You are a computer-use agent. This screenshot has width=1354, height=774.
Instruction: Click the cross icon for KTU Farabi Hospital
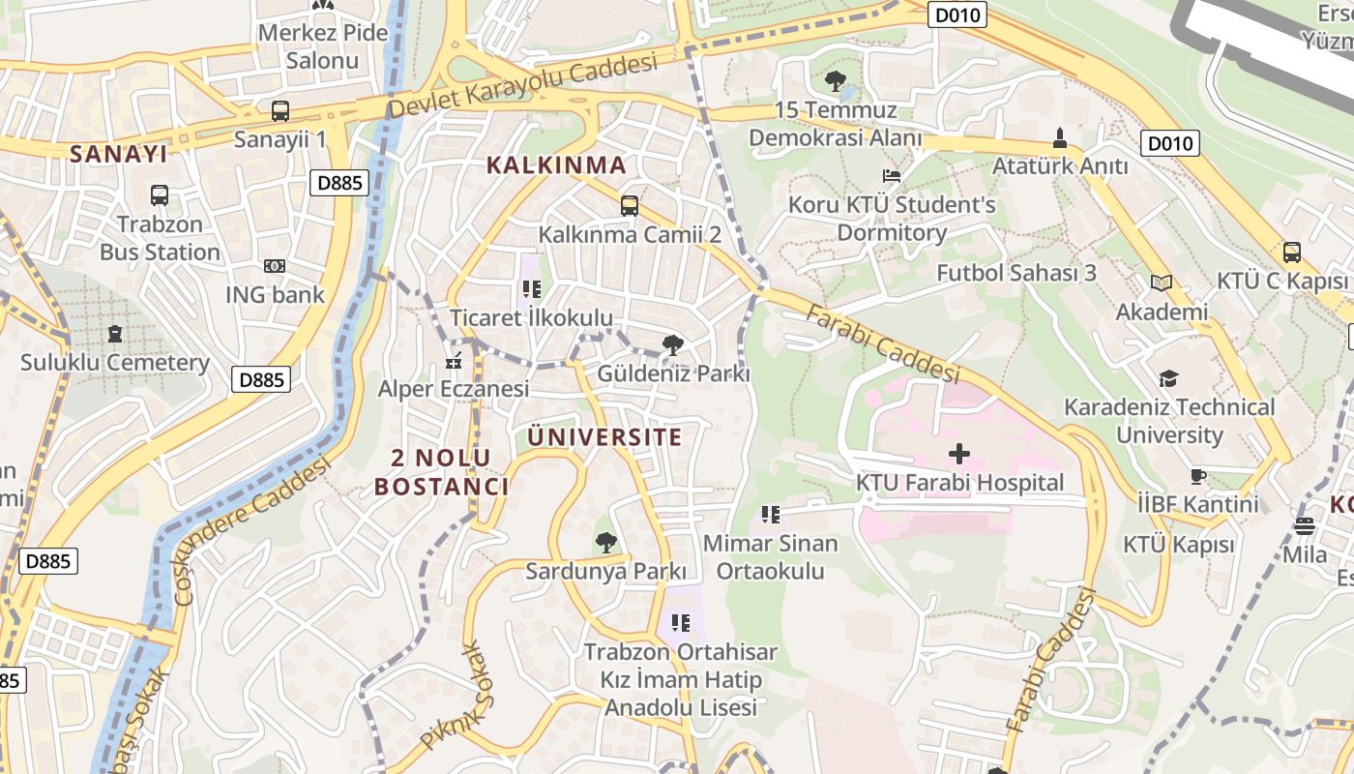958,453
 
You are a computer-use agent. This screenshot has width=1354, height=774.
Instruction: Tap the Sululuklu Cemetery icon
115,334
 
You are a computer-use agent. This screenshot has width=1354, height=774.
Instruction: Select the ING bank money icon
275,266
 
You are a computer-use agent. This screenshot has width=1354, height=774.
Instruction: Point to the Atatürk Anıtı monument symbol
1060,137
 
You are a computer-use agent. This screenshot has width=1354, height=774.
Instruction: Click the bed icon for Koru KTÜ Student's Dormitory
892,176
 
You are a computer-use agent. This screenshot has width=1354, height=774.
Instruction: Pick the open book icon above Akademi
1162,283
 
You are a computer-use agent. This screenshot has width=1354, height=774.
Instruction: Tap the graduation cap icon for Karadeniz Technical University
1169,378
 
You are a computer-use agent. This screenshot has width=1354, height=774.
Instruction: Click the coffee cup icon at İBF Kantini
1198,476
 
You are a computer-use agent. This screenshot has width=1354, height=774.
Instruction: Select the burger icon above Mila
1305,527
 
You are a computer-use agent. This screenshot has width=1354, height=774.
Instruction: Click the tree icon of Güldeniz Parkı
673,344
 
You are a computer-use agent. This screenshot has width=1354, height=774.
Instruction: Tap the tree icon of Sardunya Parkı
605,543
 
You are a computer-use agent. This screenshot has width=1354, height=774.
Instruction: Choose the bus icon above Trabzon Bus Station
160,195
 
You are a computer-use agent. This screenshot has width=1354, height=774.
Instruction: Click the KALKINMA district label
556,165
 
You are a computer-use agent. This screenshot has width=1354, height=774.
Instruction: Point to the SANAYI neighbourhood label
119,154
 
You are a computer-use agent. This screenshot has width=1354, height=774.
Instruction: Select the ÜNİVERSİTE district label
605,437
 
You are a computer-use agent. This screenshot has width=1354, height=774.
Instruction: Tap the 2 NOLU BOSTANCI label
442,472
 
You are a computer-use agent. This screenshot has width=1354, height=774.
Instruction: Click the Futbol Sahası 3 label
1015,273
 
